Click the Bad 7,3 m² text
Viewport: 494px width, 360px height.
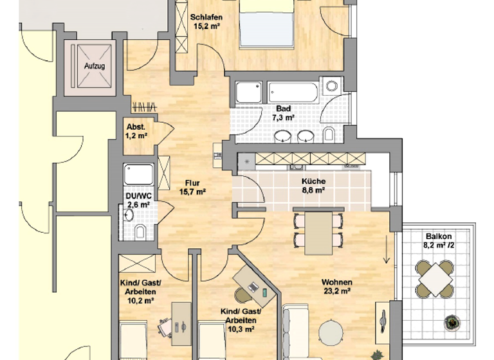pos(283,113)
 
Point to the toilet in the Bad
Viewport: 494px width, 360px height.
pos(329,134)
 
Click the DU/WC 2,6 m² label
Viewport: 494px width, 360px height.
pos(138,200)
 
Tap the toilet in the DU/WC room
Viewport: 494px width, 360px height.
pos(140,231)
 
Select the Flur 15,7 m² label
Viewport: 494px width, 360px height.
pos(192,186)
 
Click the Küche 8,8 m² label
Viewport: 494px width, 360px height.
pos(313,186)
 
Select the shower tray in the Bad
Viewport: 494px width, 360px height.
pos(248,93)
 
